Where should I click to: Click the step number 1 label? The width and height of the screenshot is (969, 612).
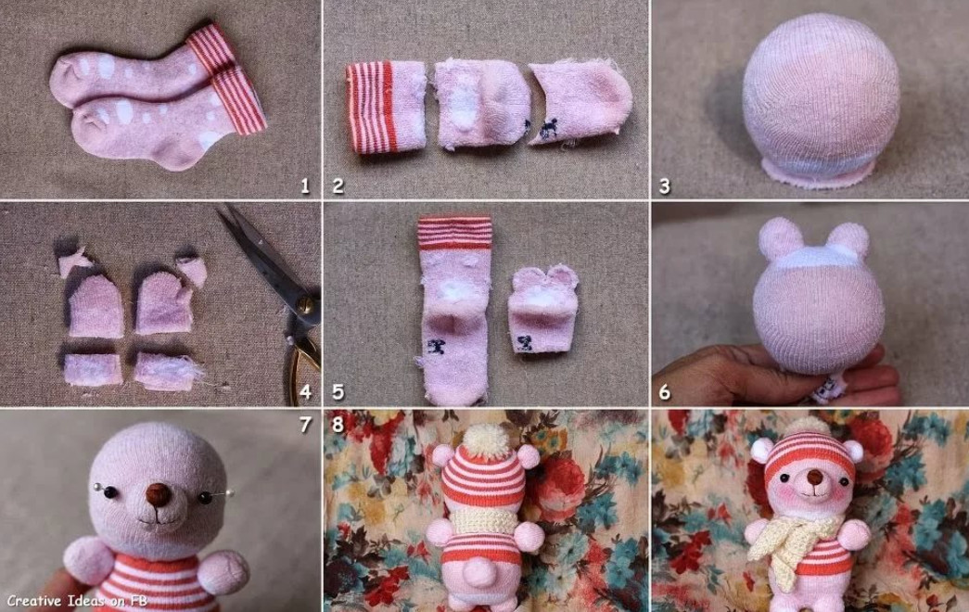pyautogui.click(x=304, y=185)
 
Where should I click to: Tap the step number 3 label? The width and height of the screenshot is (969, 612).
pyautogui.click(x=665, y=185)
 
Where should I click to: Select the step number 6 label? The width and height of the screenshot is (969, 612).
pyautogui.click(x=665, y=392)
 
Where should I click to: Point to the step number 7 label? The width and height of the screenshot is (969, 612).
pyautogui.click(x=305, y=424)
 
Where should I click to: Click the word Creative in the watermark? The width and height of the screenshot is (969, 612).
pyautogui.click(x=34, y=600)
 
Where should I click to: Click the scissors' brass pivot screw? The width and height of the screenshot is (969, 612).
pyautogui.click(x=304, y=304)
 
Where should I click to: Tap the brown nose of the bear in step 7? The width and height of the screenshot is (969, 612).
pyautogui.click(x=159, y=494)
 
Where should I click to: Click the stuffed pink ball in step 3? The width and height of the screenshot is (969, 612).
pyautogui.click(x=821, y=99)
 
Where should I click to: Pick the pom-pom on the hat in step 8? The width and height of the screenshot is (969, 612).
pyautogui.click(x=483, y=440)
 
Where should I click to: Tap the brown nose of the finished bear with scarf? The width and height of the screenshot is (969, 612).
pyautogui.click(x=815, y=478)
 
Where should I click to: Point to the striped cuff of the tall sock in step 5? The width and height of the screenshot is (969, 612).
pyautogui.click(x=455, y=233)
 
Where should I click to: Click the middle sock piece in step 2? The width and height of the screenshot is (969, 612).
pyautogui.click(x=481, y=104)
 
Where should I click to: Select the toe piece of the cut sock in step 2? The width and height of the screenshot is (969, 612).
pyautogui.click(x=580, y=103)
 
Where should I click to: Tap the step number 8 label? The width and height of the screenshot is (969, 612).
pyautogui.click(x=338, y=424)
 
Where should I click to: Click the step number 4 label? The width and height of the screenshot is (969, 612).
pyautogui.click(x=304, y=392)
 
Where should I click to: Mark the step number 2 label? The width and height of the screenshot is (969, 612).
pyautogui.click(x=338, y=185)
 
